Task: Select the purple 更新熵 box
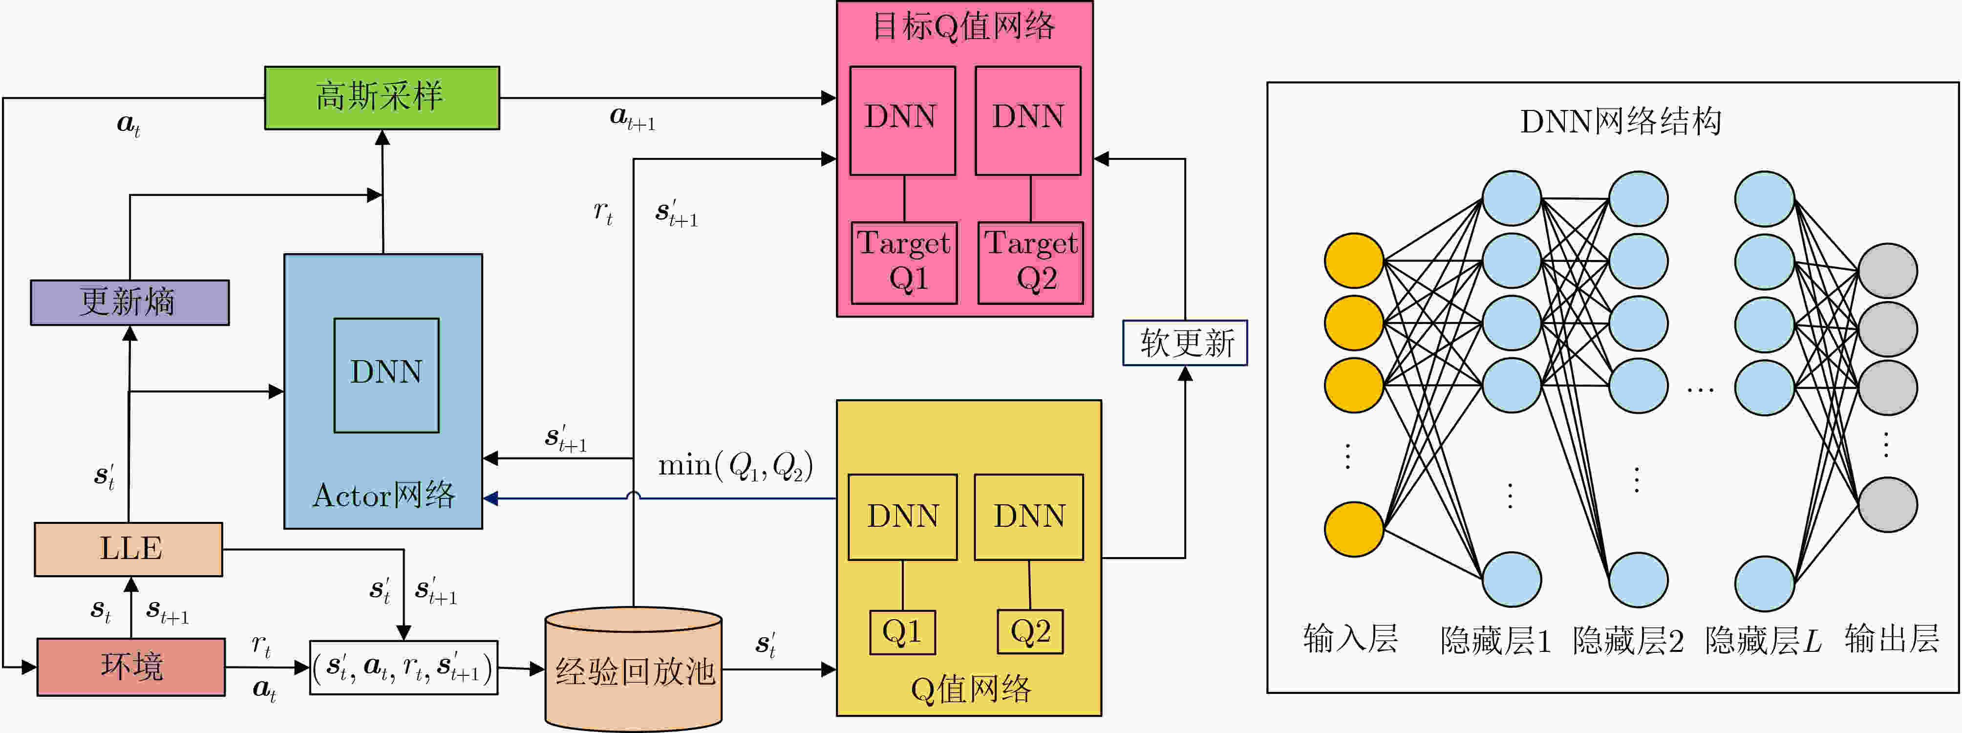[x=129, y=302]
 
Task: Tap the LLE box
[x=128, y=549]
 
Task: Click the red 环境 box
[x=131, y=667]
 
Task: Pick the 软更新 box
[x=1185, y=343]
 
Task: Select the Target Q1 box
[x=904, y=262]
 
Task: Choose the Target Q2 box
[x=1030, y=262]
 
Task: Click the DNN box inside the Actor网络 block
[x=386, y=375]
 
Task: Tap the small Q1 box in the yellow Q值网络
[x=902, y=632]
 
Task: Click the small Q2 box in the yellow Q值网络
[x=1030, y=632]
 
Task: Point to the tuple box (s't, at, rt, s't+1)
[x=404, y=668]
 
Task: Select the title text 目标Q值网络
[x=963, y=27]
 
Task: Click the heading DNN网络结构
[x=1621, y=121]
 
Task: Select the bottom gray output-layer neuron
[x=1888, y=504]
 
